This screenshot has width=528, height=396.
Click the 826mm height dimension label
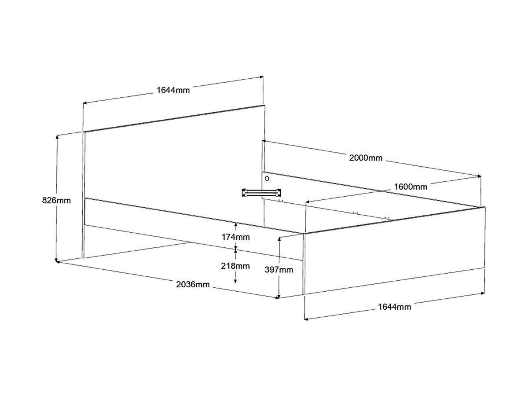click(x=56, y=201)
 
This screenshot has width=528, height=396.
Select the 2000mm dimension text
click(x=366, y=158)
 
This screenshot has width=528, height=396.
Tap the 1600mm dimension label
click(x=410, y=187)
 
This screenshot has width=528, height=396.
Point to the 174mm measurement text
click(x=235, y=237)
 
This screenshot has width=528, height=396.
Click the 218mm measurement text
click(x=235, y=266)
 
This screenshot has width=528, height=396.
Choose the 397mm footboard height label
click(x=279, y=270)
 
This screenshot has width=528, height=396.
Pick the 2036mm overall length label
click(x=193, y=284)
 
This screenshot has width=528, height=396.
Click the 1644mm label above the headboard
click(x=173, y=90)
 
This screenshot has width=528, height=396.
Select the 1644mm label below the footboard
click(x=394, y=307)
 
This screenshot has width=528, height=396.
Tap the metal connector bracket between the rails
click(x=261, y=192)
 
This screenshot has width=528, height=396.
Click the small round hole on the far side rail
click(x=267, y=179)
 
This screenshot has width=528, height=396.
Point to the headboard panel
click(x=172, y=163)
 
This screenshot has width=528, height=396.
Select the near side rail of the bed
click(x=189, y=229)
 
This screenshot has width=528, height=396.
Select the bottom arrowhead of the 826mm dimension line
click(x=57, y=260)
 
